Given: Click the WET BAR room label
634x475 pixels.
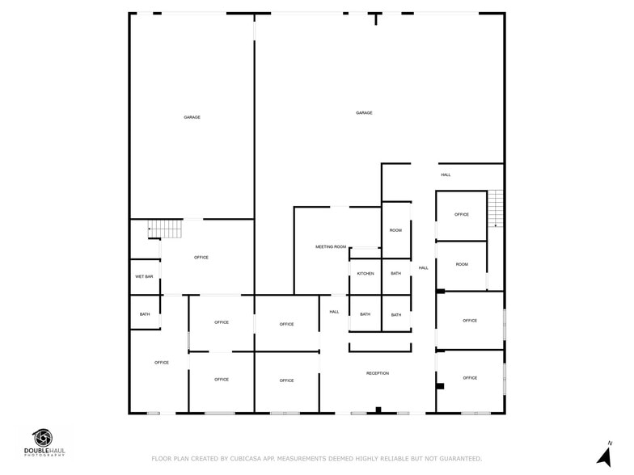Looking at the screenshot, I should pyautogui.click(x=144, y=277).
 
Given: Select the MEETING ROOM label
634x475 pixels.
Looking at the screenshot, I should pyautogui.click(x=331, y=246).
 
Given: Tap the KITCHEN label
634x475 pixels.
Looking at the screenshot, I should pyautogui.click(x=366, y=274).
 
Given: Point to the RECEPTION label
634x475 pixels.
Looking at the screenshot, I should pyautogui.click(x=378, y=373).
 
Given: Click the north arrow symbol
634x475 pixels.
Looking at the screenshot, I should pyautogui.click(x=603, y=456).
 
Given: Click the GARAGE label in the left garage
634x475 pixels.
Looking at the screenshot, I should pyautogui.click(x=192, y=118).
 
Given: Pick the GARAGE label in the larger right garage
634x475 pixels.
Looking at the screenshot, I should pyautogui.click(x=364, y=113).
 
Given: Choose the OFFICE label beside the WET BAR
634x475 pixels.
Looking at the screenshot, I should pyautogui.click(x=201, y=258).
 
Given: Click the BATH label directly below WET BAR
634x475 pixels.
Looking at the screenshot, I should pyautogui.click(x=144, y=314).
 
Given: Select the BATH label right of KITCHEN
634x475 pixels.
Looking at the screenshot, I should pyautogui.click(x=395, y=274).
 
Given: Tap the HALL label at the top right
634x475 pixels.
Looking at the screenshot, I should pyautogui.click(x=446, y=175).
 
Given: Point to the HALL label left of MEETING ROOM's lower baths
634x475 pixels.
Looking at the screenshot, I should pyautogui.click(x=334, y=312).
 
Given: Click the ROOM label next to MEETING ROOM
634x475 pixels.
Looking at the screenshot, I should pyautogui.click(x=395, y=231).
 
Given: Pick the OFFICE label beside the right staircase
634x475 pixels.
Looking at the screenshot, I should pyautogui.click(x=462, y=215).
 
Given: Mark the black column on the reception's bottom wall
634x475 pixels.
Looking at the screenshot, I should pyautogui.click(x=378, y=410).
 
